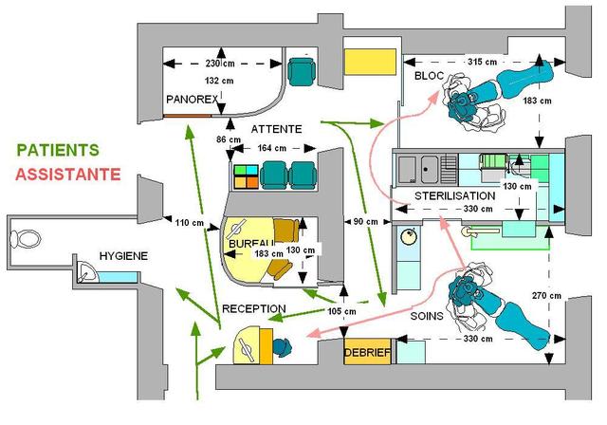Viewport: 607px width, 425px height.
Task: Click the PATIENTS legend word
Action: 58,150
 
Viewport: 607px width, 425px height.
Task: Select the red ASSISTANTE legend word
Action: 68,175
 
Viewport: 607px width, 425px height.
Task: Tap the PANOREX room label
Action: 193,100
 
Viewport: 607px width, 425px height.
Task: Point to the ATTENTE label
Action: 276,129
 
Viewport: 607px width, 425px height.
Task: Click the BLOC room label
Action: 429,76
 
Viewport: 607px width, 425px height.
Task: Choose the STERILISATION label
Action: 455,195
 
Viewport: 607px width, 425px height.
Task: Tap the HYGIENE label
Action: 123,256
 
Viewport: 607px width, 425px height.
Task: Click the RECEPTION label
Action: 254,308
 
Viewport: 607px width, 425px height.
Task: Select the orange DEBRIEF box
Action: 367,352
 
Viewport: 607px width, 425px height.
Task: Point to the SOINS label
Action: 427,316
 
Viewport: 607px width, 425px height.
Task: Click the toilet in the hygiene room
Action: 26,239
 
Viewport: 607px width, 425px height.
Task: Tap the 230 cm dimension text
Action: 220,64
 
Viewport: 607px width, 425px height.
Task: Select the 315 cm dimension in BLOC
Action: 482,62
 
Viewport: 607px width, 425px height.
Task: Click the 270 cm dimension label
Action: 546,296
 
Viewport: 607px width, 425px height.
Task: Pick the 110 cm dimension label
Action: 190,223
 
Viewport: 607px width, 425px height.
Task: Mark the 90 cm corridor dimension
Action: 366,222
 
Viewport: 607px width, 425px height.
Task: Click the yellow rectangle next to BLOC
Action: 371,62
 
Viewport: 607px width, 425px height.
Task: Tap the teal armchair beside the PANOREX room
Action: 302,71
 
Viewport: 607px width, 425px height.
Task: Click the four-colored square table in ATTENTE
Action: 247,176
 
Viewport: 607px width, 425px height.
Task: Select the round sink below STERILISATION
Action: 409,236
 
